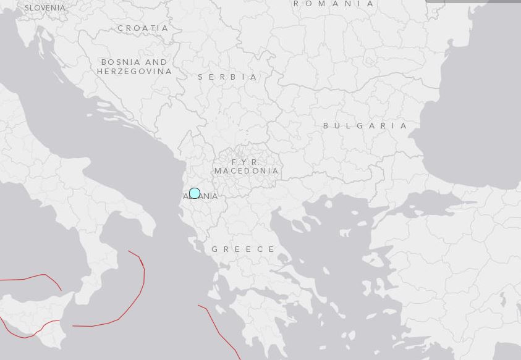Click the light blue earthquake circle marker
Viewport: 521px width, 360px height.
[195, 193]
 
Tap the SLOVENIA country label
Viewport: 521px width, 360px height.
[44, 8]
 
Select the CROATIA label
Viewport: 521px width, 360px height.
[143, 28]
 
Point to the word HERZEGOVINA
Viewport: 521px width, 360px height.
[134, 72]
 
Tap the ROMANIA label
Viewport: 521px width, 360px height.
[334, 4]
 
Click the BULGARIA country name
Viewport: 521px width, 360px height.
[365, 125]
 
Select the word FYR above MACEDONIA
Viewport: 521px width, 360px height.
[245, 162]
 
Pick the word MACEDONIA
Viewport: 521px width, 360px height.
[247, 171]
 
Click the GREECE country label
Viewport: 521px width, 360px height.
[244, 249]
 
